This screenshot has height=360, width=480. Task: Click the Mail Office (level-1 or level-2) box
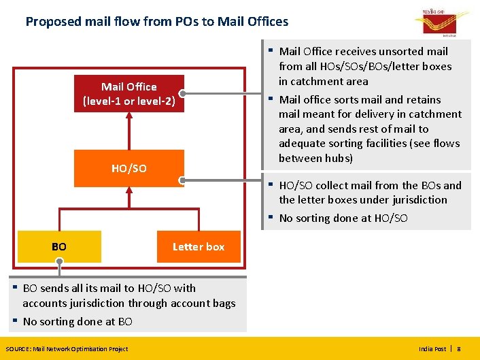click(128, 94)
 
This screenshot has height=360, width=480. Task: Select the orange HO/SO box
click(128, 168)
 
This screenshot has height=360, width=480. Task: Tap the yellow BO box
click(59, 246)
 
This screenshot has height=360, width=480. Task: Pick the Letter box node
click(199, 246)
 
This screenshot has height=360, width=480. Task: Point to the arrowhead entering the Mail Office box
click(128, 116)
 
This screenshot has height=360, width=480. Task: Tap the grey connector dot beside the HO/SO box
click(182, 180)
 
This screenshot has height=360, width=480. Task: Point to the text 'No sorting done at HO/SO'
click(343, 218)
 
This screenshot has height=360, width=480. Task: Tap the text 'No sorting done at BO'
click(78, 321)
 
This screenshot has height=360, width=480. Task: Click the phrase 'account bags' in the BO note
click(205, 303)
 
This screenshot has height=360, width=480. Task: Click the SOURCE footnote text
click(67, 348)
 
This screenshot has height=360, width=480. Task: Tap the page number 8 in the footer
click(458, 348)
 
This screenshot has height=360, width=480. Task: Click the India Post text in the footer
click(432, 348)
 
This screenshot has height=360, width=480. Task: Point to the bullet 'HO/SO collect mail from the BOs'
click(370, 192)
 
